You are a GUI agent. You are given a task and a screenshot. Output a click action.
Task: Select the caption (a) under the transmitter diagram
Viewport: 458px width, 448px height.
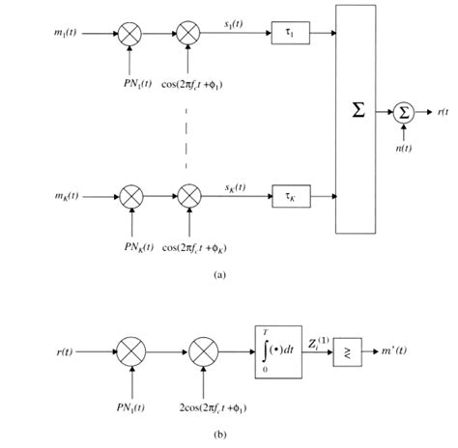point(221,274)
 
